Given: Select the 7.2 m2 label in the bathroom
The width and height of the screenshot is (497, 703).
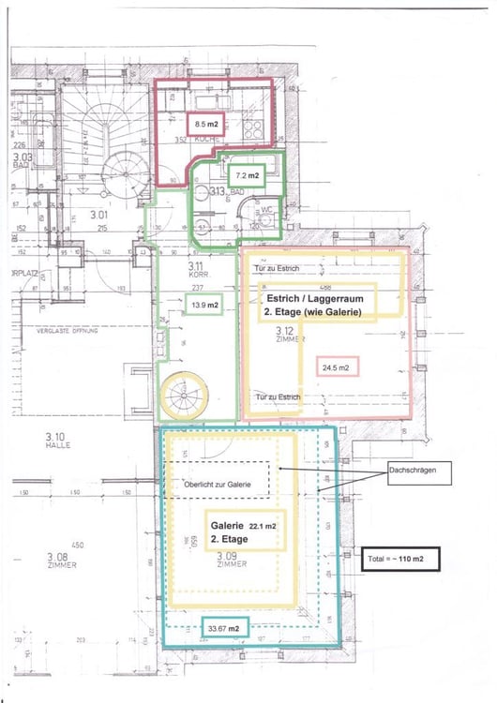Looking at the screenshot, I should click(x=247, y=174).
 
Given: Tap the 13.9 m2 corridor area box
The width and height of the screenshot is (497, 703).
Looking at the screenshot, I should click(x=203, y=305).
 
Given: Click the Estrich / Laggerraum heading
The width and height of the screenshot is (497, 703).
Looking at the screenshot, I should click(x=317, y=301).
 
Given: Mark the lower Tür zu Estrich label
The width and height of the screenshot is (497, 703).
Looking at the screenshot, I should click(x=276, y=396).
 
